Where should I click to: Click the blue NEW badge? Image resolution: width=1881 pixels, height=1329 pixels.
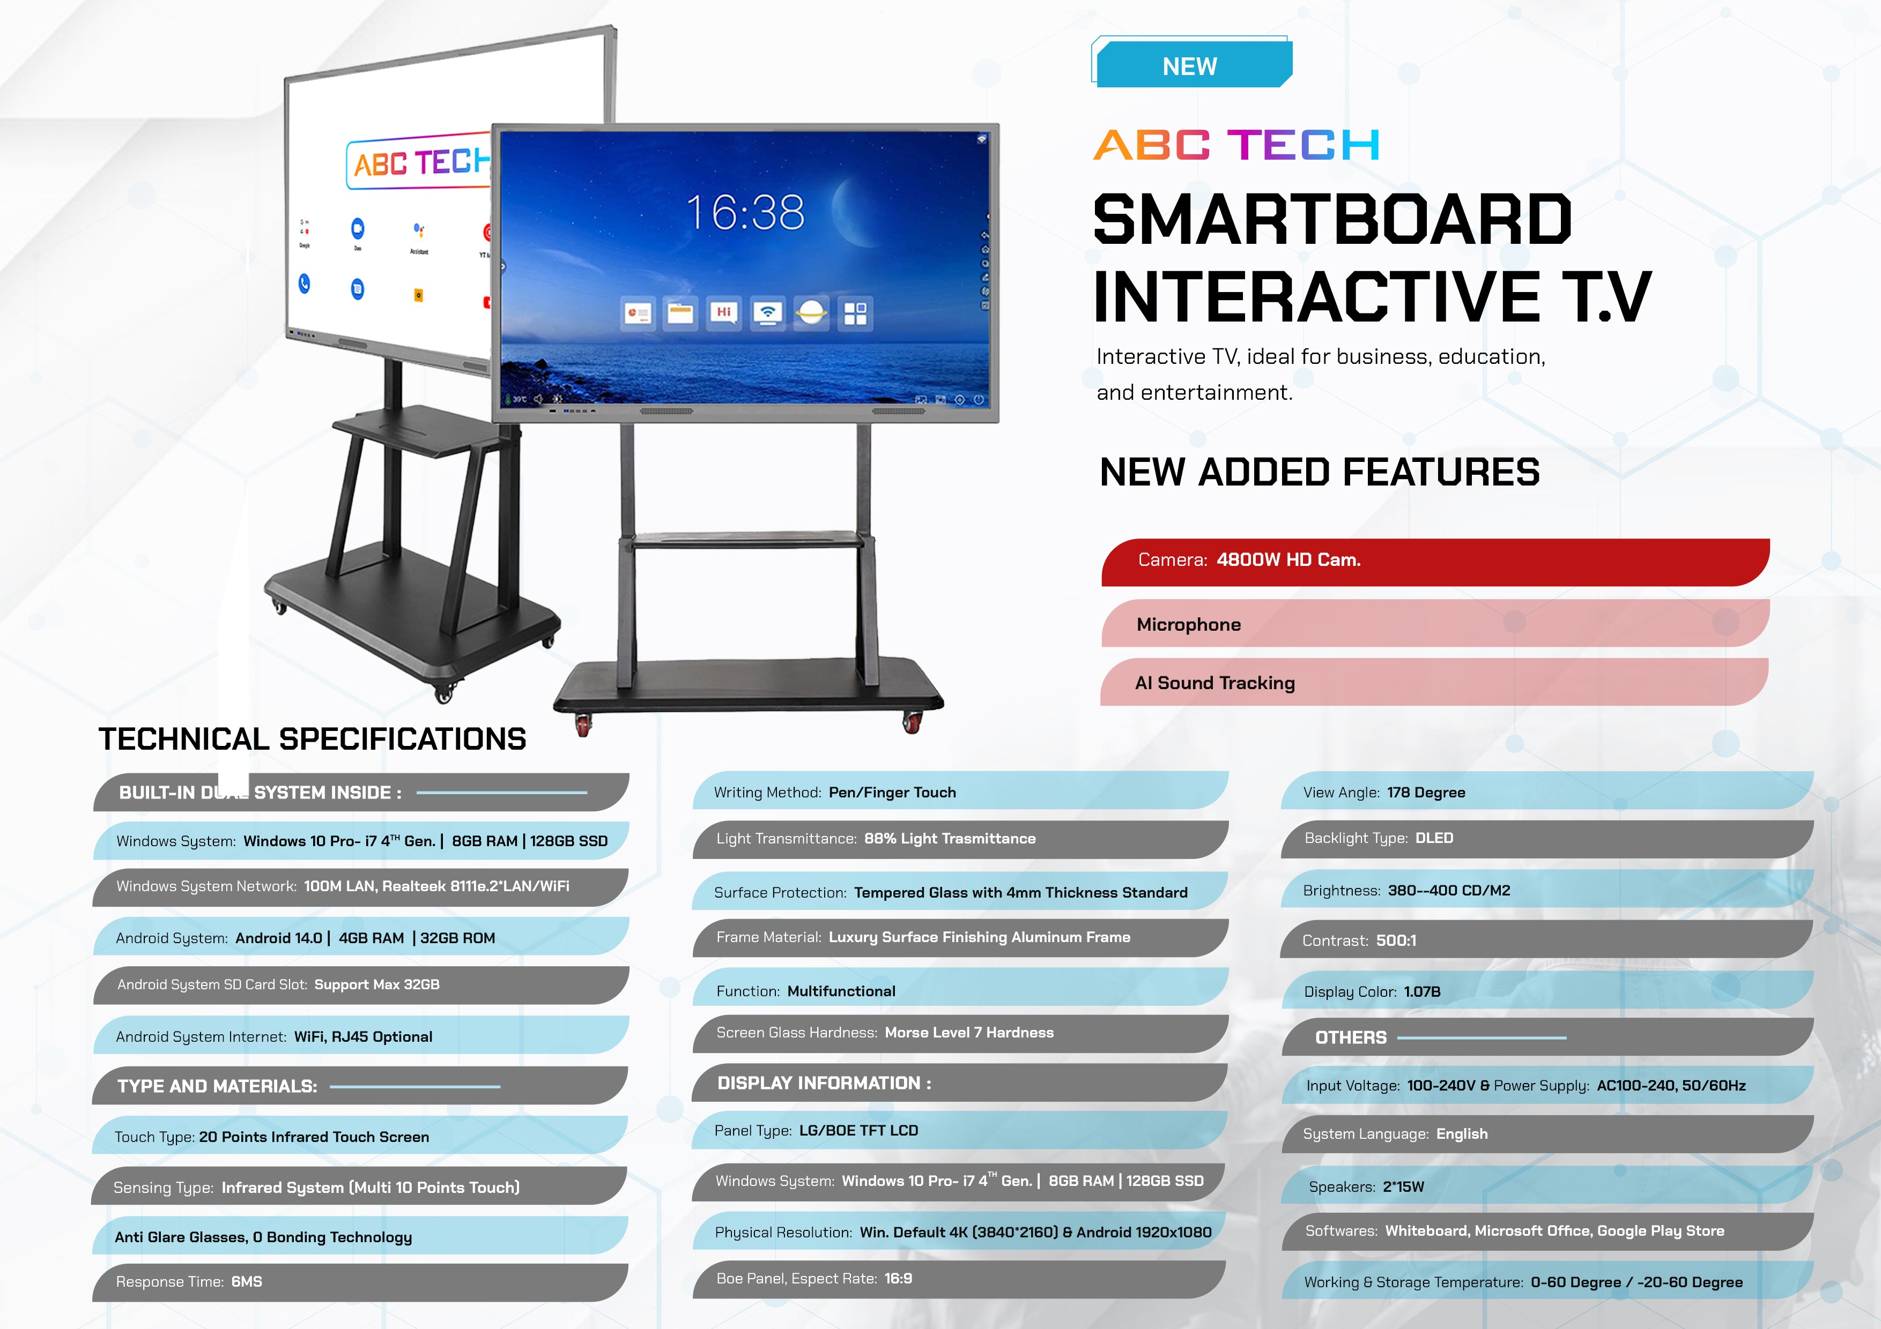(x=1192, y=65)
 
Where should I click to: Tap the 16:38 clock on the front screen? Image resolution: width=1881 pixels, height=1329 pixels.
(x=745, y=212)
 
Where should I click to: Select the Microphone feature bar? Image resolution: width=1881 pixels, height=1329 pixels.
(x=1434, y=624)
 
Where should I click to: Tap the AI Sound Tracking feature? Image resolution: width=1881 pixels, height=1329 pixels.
(x=1434, y=682)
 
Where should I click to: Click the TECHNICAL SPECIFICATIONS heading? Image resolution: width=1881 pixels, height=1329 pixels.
(x=312, y=738)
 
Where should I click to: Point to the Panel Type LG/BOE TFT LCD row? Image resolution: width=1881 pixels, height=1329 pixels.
(x=959, y=1130)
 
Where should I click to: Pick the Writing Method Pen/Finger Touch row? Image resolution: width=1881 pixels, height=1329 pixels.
(x=959, y=792)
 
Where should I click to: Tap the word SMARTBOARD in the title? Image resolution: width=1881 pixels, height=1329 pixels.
(x=1332, y=220)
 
